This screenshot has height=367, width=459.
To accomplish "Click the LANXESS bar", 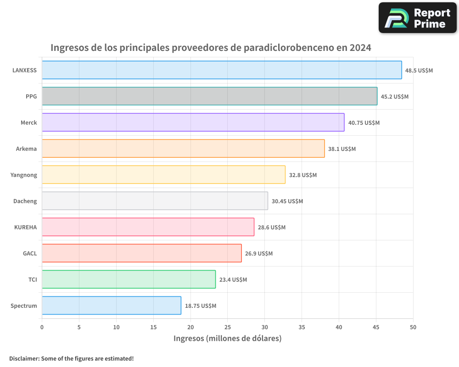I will [x=222, y=70].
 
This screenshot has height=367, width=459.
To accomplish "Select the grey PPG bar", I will [x=209, y=96].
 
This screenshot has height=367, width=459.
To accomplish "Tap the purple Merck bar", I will [x=193, y=122].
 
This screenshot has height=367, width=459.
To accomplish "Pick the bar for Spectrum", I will [x=112, y=306].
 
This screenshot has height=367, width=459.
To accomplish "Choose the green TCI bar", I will [x=129, y=279].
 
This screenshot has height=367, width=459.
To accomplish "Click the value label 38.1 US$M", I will [x=342, y=149].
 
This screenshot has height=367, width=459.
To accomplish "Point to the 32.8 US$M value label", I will [x=303, y=175].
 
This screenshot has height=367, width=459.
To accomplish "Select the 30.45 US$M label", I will [x=287, y=201].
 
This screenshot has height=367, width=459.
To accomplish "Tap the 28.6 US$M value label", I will [x=272, y=228].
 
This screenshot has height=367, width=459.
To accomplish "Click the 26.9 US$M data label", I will [x=259, y=254].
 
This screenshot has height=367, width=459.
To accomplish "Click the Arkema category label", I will [x=26, y=149].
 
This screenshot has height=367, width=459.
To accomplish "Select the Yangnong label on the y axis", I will [x=24, y=175].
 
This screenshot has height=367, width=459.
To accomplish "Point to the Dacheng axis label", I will [x=25, y=201].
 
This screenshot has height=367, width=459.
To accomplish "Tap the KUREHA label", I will [x=26, y=227].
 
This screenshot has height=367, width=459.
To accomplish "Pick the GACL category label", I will [x=30, y=253].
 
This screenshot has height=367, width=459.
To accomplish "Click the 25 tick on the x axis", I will [x=228, y=328].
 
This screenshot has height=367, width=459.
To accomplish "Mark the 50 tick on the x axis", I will [x=413, y=328].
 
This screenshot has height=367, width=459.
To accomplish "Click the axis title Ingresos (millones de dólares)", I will [x=227, y=339].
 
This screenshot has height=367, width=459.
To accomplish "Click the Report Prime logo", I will [x=418, y=18].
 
